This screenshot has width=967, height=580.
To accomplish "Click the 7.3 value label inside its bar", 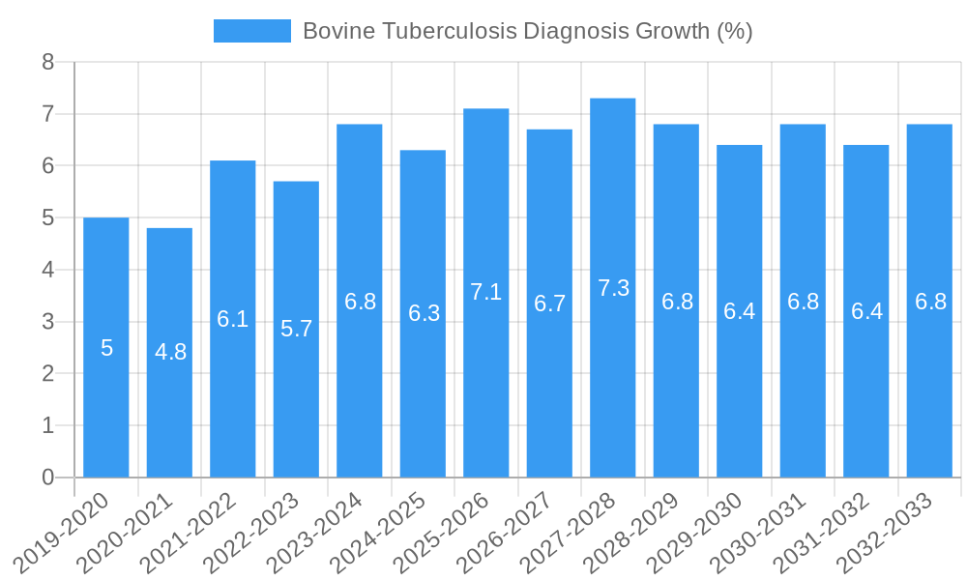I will coord(613,288).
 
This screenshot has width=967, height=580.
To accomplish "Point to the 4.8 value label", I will coord(170,352).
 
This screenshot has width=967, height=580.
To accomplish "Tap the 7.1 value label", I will coord(486,292).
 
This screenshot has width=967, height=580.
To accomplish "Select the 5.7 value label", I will coord(296,329).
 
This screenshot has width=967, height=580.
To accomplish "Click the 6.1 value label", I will coord(233,319).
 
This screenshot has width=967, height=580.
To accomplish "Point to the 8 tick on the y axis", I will coord(48,63).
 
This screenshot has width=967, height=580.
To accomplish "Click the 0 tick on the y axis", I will coord(48,478).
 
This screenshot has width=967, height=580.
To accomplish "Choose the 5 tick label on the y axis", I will coord(48,218).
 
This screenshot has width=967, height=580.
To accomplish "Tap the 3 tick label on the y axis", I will coord(48,322).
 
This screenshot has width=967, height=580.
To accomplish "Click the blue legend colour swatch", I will coord(251,31).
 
